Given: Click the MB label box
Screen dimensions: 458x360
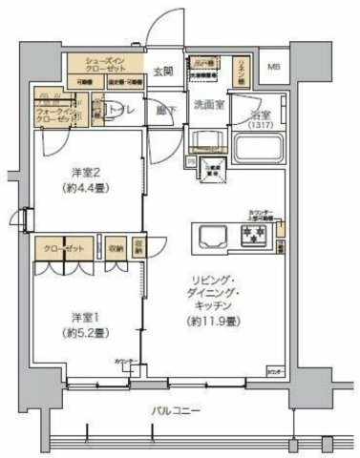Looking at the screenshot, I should click(274, 68).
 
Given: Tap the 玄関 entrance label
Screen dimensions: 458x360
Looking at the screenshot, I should click(162, 71).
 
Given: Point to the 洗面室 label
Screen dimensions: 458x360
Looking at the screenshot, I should click(207, 103).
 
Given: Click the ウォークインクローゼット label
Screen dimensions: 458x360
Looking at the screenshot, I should click(52, 115).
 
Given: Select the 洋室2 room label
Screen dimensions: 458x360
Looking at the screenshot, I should click(86, 173).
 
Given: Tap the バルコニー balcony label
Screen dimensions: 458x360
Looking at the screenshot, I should click(176, 410).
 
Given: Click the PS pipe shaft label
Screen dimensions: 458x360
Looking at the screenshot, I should click(191, 163).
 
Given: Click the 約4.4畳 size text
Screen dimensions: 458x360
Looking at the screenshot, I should click(86, 188).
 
